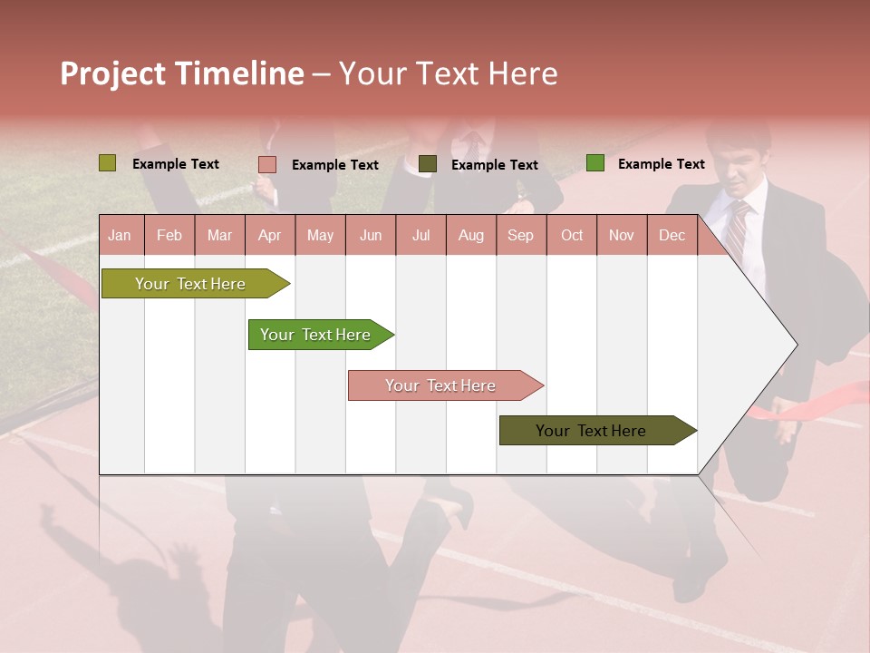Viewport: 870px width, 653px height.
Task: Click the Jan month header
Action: pyautogui.click(x=120, y=235)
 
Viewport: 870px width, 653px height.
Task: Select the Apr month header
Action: pyautogui.click(x=269, y=235)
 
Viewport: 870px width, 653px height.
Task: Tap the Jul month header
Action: pyautogui.click(x=420, y=235)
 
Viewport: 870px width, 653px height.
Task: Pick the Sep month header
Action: pyautogui.click(x=520, y=235)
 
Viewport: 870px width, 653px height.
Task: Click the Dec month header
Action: pyautogui.click(x=672, y=235)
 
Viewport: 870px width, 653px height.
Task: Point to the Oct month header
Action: pyautogui.click(x=572, y=235)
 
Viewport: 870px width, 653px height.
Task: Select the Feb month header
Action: pyautogui.click(x=169, y=235)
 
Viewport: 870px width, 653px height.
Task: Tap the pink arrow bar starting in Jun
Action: pyautogui.click(x=441, y=385)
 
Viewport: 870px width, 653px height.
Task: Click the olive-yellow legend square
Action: pyautogui.click(x=107, y=163)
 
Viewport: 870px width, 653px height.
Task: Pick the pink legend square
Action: pyautogui.click(x=267, y=164)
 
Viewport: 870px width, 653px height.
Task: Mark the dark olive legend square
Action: pyautogui.click(x=428, y=164)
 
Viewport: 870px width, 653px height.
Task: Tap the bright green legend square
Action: pyautogui.click(x=594, y=163)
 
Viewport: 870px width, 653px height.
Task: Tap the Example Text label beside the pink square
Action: pyautogui.click(x=335, y=165)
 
